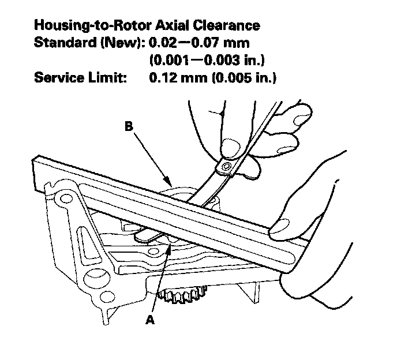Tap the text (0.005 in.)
point(239,77)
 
